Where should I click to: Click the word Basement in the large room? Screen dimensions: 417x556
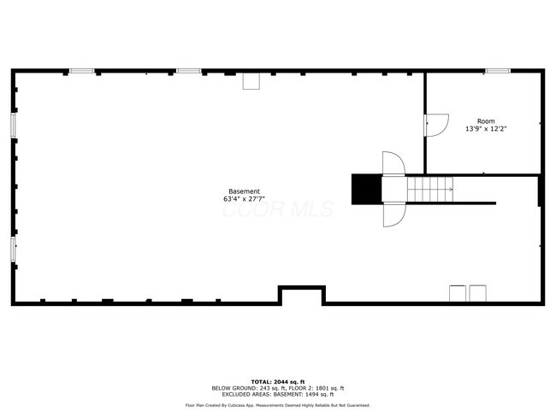244,191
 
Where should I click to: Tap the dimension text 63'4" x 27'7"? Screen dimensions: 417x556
244,200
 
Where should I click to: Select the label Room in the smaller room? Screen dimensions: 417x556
486,121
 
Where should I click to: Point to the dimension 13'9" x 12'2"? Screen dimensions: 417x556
486,130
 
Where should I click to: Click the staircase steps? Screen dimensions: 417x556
429,188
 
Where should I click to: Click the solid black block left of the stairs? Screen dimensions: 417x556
366,189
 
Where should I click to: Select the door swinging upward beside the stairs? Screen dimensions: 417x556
393,163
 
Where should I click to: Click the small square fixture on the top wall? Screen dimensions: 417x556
251,81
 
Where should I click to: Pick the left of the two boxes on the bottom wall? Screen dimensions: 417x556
458,294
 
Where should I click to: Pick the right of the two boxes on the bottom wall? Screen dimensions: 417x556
477,294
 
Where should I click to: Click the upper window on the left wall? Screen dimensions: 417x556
14,125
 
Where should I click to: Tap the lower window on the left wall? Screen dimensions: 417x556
14,249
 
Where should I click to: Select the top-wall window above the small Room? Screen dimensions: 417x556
498,71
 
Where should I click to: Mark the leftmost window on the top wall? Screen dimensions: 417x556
81,71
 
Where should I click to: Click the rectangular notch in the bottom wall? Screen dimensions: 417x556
301,296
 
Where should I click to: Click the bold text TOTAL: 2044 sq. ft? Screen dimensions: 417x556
278,381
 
